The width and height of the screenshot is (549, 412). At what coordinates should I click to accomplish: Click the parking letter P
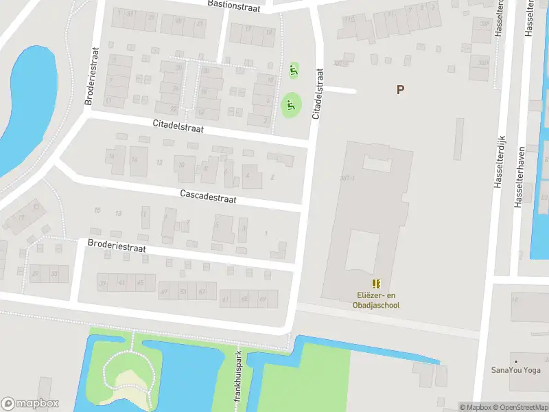(x=400, y=90)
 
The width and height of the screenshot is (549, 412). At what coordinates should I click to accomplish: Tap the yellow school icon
(x=376, y=284)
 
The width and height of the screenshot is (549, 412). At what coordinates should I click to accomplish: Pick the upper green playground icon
(x=294, y=69)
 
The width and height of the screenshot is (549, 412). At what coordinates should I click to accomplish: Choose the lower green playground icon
(x=290, y=106)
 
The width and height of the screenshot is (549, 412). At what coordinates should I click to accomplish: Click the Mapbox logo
(x=30, y=404)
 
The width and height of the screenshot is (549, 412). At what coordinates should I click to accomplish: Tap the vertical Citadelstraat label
(x=317, y=94)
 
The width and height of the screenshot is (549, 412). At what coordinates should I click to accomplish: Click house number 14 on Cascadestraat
(x=135, y=161)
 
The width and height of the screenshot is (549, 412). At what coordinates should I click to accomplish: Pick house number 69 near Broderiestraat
(x=262, y=300)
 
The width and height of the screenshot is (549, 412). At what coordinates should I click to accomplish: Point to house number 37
(x=104, y=284)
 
